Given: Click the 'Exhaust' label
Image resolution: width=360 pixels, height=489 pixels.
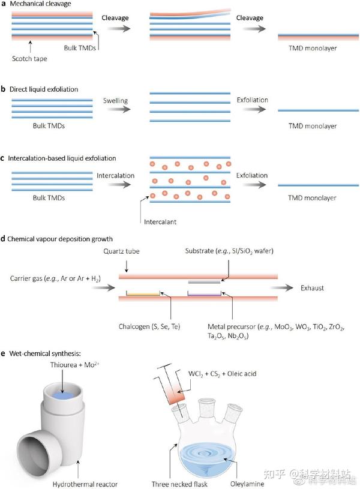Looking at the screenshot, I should [x=312, y=288].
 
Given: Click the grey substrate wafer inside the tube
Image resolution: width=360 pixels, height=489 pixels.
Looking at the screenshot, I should [x=205, y=281].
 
